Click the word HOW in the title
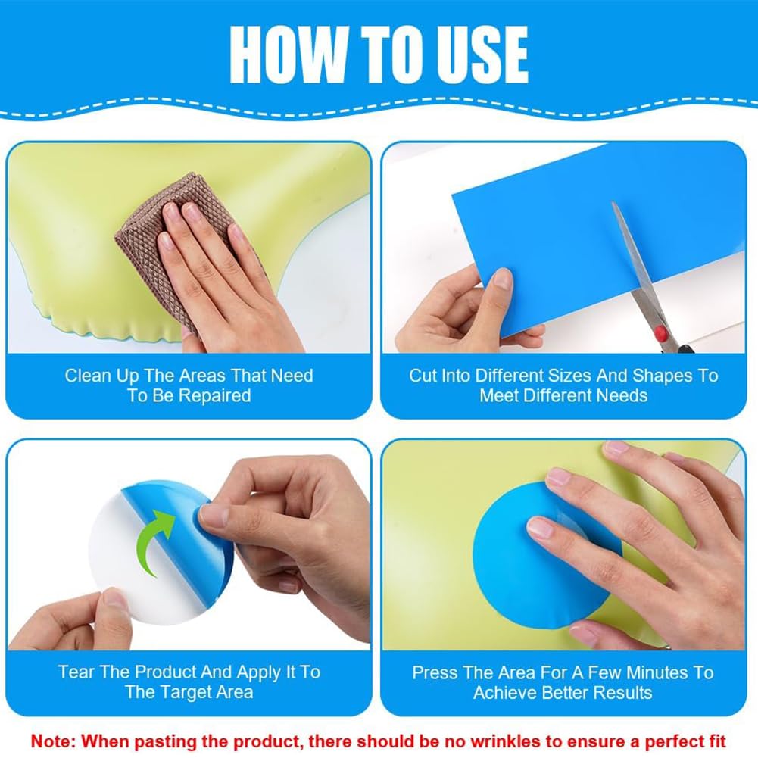pyautogui.click(x=289, y=55)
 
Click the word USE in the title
pyautogui.click(x=476, y=55)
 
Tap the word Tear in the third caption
pyautogui.click(x=76, y=672)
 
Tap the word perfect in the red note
pyautogui.click(x=670, y=741)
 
